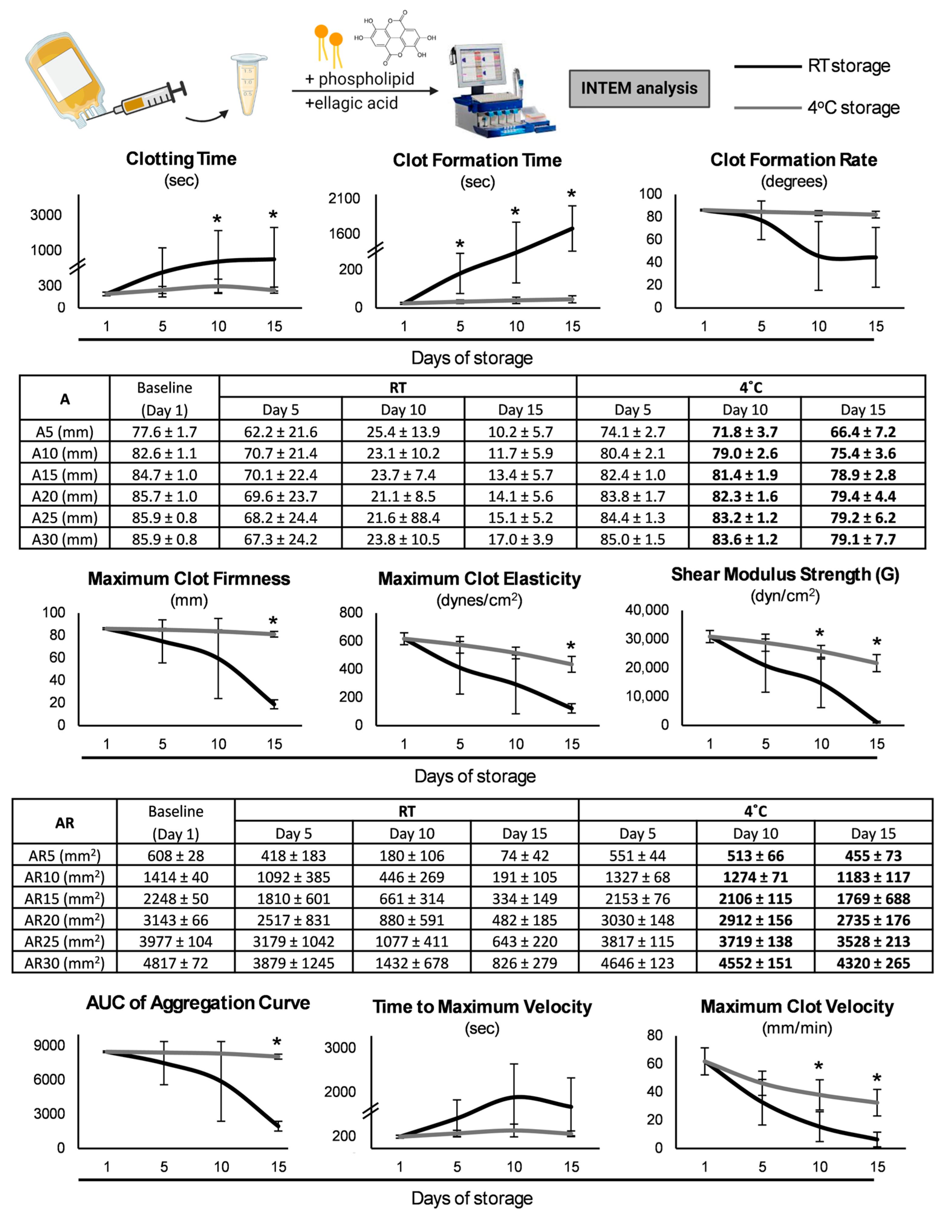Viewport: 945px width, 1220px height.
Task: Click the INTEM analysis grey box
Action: (639, 88)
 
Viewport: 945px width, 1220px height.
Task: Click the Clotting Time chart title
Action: (181, 159)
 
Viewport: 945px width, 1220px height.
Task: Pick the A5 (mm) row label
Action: (64, 432)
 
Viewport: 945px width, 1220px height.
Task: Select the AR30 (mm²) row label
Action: (64, 963)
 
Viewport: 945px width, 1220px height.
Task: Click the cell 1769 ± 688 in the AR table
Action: (873, 899)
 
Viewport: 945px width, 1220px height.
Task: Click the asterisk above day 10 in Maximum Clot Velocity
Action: (819, 1067)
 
